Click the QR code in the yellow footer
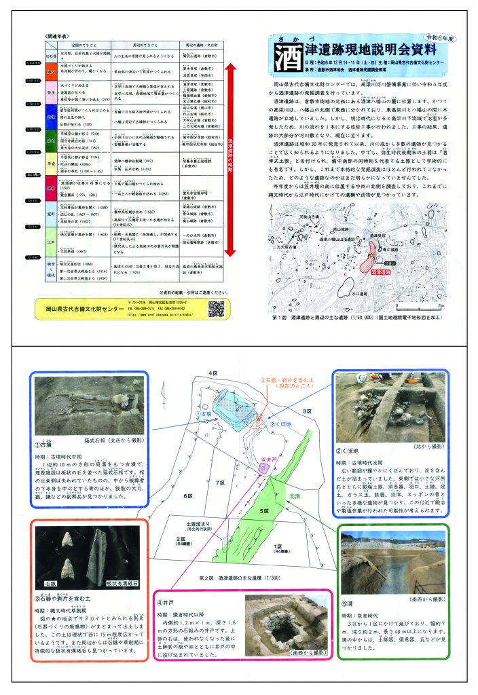(216, 308)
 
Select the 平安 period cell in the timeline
(50, 163)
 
